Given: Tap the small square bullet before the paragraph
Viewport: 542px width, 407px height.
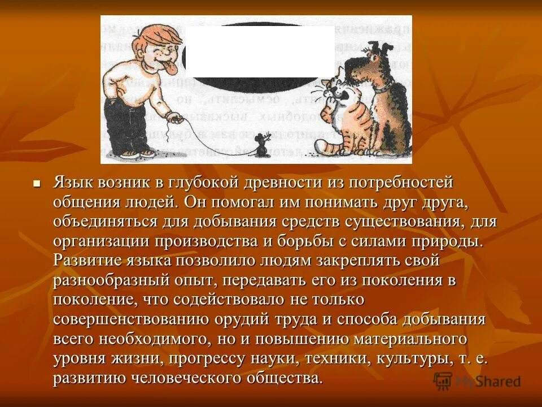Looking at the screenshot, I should (x=37, y=184).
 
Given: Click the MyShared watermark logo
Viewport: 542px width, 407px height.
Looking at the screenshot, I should (x=477, y=381).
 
